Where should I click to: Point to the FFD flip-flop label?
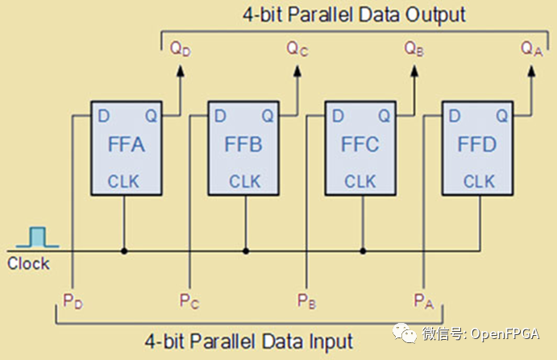476,147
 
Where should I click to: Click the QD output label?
181,48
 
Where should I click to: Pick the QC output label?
297,48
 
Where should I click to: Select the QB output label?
414,48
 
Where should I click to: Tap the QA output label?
531,48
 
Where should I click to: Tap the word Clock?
29,264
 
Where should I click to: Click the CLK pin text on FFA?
123,181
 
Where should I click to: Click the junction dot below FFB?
243,250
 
